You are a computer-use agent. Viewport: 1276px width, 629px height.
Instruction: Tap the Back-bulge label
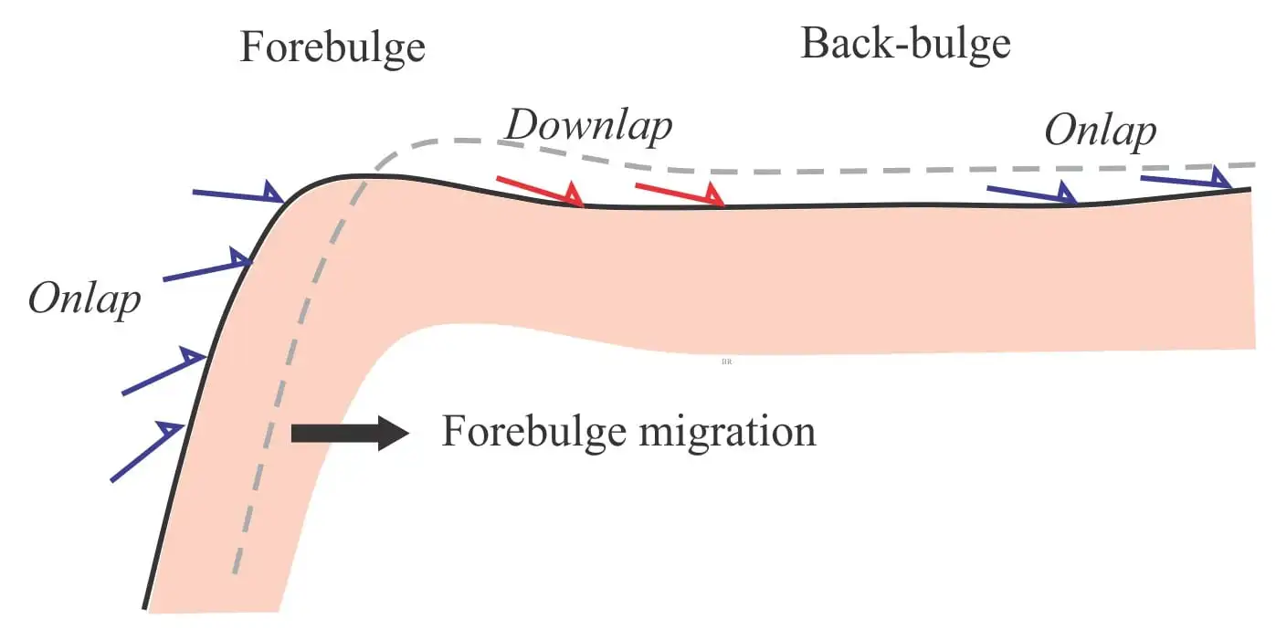click(906, 46)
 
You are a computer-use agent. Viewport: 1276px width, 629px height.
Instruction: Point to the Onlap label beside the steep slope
click(84, 300)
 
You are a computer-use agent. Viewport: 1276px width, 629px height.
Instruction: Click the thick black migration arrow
click(351, 434)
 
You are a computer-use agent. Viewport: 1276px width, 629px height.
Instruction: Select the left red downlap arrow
click(540, 192)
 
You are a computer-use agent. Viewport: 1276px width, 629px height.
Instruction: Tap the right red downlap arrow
click(680, 194)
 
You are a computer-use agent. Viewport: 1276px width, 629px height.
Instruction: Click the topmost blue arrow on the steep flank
click(238, 192)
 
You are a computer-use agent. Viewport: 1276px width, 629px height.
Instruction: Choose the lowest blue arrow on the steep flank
click(147, 451)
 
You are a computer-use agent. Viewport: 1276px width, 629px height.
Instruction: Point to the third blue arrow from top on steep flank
click(164, 370)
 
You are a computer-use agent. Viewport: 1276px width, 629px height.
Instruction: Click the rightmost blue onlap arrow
click(1186, 178)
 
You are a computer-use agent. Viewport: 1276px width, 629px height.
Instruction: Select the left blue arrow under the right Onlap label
click(1031, 192)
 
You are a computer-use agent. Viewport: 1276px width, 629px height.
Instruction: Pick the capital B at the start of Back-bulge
click(815, 42)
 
